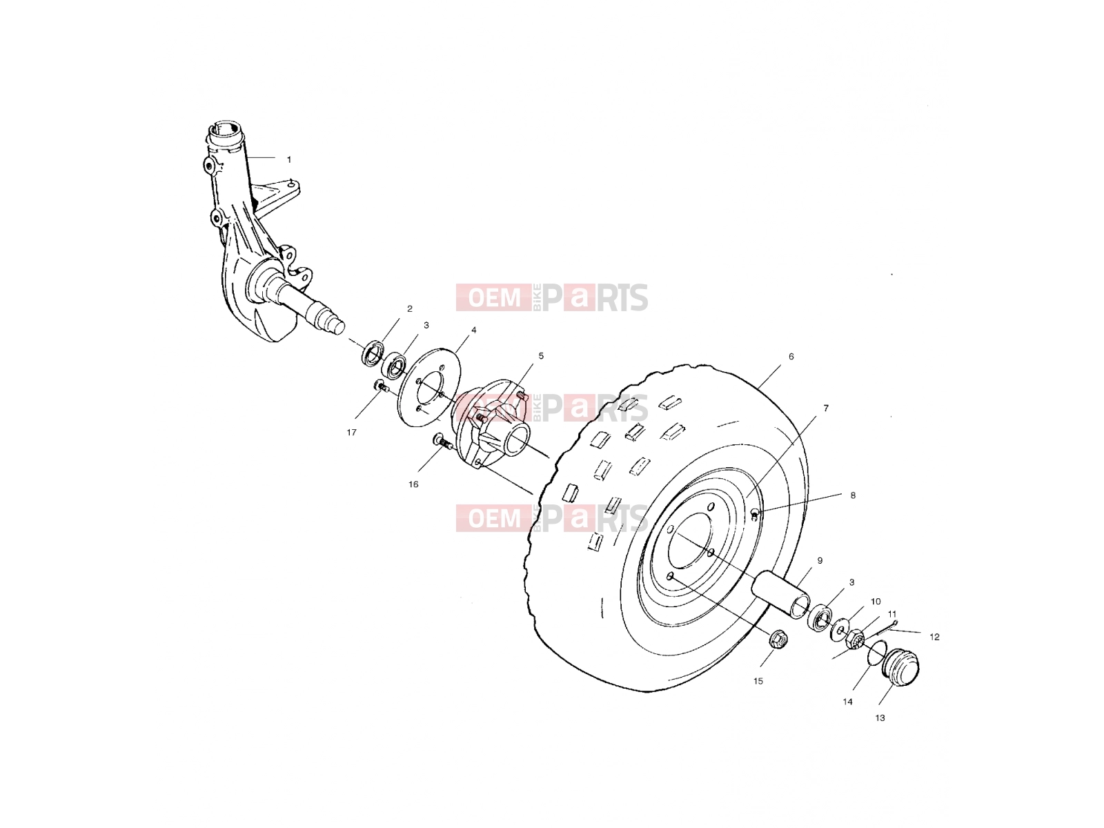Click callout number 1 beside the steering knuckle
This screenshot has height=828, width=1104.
[288, 160]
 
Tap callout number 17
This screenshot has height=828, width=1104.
[352, 433]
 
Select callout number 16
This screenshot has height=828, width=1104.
[413, 484]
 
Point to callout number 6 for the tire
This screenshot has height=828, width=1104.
[791, 357]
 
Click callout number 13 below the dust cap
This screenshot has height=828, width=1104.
[880, 718]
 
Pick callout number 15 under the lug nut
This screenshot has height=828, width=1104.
[758, 681]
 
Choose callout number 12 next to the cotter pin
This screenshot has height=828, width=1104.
[934, 637]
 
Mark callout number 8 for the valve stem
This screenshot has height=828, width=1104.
[853, 495]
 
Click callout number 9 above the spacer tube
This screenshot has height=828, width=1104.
[820, 560]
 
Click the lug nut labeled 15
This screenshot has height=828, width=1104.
[778, 639]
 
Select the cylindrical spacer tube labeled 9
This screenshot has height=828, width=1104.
[781, 594]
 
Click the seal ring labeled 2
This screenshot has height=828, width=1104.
[372, 354]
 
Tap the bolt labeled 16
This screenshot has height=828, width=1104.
[442, 442]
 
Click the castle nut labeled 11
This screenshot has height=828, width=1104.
[854, 640]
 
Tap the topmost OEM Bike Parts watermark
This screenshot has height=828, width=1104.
[552, 297]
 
